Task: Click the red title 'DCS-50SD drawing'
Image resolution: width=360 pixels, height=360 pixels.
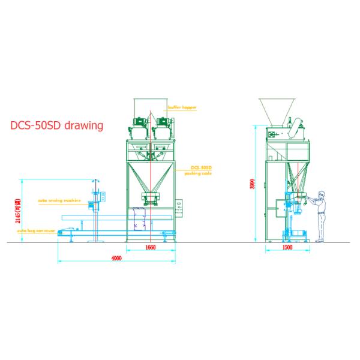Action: (x=57, y=126)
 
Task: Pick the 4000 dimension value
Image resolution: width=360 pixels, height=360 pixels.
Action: (x=116, y=258)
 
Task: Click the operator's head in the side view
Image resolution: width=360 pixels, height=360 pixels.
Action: (x=322, y=194)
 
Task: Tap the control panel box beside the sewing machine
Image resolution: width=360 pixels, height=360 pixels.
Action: (x=104, y=196)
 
